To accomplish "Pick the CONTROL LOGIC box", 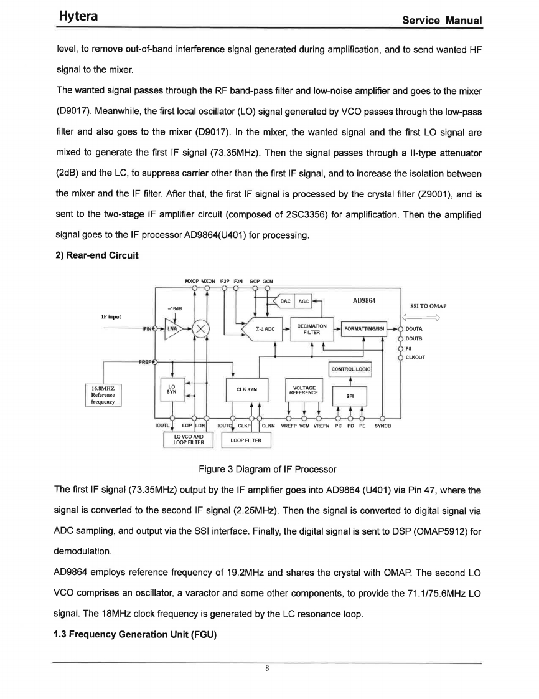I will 350,369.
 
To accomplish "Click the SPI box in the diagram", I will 350,396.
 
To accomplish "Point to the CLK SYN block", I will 247,391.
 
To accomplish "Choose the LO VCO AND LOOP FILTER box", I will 187,440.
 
